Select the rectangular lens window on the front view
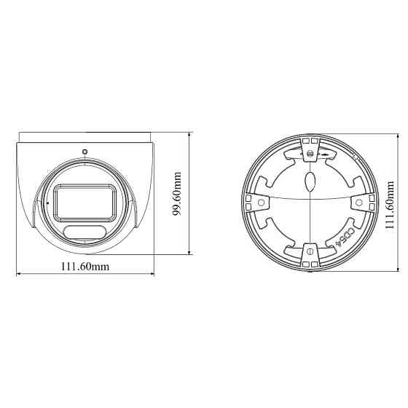(x=85, y=201)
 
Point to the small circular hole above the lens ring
(x=85, y=152)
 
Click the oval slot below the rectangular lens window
(x=85, y=232)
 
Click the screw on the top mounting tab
(x=311, y=154)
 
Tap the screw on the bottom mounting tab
(x=311, y=251)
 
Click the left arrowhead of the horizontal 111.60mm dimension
(x=19, y=275)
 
